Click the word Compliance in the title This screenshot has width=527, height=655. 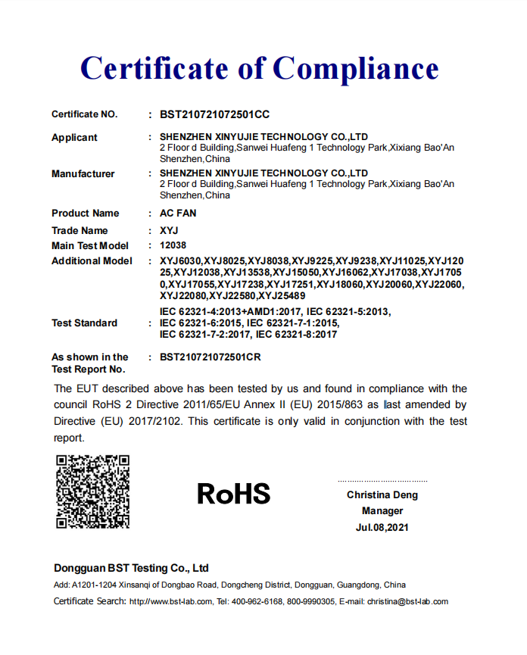point(356,69)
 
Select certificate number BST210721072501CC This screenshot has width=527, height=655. point(214,115)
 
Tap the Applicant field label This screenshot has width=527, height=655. point(74,138)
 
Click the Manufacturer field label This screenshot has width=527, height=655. point(83,174)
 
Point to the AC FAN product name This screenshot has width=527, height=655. point(178,214)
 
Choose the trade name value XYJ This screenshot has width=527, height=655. point(168,230)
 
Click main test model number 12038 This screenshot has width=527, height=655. point(173,245)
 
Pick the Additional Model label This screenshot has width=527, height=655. point(92,261)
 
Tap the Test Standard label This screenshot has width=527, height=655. point(84,323)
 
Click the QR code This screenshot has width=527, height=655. point(93,491)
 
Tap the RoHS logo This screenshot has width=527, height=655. point(233,494)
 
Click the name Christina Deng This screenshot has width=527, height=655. point(382,495)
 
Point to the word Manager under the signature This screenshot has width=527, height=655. point(382,511)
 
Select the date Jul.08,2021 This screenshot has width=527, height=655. point(382,528)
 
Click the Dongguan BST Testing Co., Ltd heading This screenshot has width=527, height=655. point(131,568)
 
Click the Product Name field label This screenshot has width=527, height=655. point(85,214)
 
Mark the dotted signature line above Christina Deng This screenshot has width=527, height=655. point(382,481)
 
